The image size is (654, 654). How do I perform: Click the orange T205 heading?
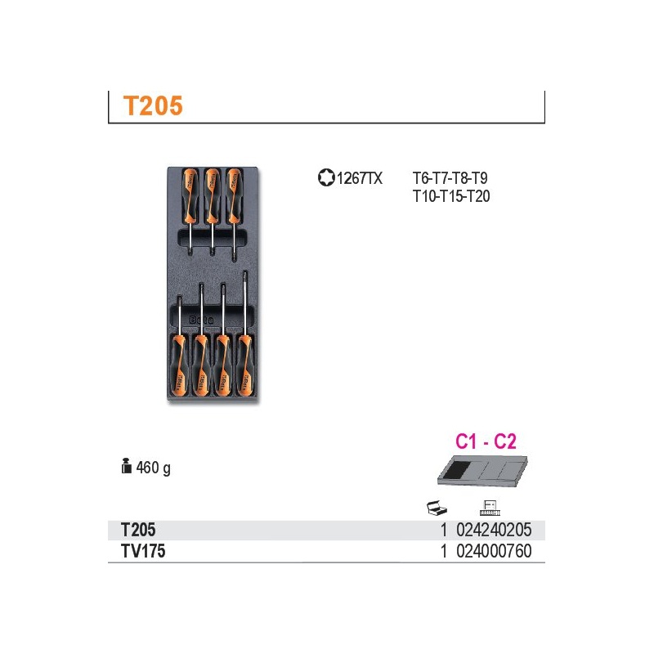tap(153, 105)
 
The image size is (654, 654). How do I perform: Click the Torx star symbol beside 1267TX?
tap(326, 177)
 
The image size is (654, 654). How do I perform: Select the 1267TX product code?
tap(359, 178)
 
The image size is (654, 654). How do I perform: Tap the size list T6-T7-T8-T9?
tap(450, 178)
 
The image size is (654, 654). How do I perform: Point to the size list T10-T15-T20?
tap(451, 196)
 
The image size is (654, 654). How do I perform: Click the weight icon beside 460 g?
tap(127, 466)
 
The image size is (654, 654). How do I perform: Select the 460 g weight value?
tap(154, 468)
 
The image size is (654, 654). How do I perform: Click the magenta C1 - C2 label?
tap(486, 441)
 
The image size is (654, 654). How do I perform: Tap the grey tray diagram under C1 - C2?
tap(482, 471)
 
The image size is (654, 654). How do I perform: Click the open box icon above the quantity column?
tap(437, 508)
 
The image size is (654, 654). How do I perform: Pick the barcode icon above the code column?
tap(490, 508)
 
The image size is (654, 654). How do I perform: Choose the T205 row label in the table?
tap(138, 530)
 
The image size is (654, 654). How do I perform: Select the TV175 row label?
tap(143, 551)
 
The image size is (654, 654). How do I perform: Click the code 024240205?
tap(494, 530)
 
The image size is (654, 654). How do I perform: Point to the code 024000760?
tap(494, 551)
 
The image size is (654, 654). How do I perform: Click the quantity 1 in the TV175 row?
tap(444, 551)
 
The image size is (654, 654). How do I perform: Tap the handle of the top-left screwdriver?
tap(190, 195)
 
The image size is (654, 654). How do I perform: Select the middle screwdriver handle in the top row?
tap(212, 195)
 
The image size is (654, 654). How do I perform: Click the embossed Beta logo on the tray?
tap(201, 320)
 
